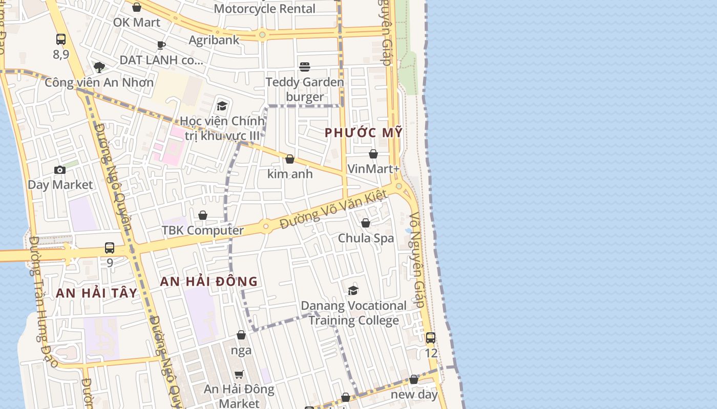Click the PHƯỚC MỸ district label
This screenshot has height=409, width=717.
click(364, 133)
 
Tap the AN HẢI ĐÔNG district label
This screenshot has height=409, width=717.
click(209, 281)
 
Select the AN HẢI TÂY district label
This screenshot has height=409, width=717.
click(96, 293)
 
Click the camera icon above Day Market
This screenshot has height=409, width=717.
click(60, 170)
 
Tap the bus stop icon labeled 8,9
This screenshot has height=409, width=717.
click(61, 39)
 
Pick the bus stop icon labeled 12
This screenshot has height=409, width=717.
click(431, 337)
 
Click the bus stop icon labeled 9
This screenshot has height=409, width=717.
click(110, 248)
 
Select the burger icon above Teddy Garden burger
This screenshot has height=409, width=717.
click(305, 67)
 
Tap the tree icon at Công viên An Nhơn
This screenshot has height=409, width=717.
click(99, 67)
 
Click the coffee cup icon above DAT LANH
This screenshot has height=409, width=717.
click(161, 45)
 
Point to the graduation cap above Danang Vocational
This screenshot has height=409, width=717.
click(353, 290)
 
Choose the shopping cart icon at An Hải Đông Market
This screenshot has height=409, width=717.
click(239, 374)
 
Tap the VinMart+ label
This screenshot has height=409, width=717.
click(373, 169)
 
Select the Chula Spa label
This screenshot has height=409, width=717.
click(366, 238)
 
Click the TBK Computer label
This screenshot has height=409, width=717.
click(203, 230)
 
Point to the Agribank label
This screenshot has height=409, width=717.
click(214, 40)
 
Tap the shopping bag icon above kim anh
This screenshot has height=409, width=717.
click(290, 159)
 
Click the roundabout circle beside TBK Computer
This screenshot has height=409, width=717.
click(265, 226)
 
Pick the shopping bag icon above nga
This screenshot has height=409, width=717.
click(241, 335)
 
